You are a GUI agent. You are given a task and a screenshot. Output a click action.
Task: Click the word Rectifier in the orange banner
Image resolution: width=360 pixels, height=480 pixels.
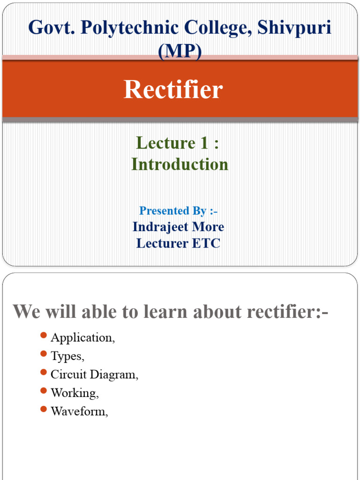[173, 90]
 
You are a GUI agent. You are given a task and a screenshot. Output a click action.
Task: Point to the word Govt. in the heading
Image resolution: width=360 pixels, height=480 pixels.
[51, 28]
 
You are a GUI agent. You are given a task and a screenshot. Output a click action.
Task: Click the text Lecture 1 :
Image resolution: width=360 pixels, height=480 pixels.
[177, 143]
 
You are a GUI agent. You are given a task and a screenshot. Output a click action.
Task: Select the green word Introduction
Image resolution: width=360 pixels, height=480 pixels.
[180, 164]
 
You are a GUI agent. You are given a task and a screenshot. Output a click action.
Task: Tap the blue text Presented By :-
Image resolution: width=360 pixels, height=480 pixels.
[179, 210]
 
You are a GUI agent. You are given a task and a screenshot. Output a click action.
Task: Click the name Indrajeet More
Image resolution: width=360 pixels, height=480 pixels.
[179, 226]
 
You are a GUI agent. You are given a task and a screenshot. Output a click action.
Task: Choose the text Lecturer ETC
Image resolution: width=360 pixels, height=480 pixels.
[178, 243]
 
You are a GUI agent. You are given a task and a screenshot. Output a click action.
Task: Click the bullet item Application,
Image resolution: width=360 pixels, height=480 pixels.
[83, 338]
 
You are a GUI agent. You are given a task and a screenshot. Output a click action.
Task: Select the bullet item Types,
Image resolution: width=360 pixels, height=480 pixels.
[67, 356]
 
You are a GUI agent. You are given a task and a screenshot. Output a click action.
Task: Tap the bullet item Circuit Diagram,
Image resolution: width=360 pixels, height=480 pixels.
[95, 375]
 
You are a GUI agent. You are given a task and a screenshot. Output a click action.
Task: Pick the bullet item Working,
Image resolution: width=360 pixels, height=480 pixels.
[75, 393]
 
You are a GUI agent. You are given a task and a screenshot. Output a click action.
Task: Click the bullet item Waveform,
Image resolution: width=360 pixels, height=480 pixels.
[80, 411]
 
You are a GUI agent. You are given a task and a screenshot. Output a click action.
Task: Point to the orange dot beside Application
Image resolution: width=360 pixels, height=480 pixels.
[44, 336]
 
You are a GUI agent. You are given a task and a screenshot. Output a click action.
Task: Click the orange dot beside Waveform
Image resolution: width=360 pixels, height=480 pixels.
[44, 409]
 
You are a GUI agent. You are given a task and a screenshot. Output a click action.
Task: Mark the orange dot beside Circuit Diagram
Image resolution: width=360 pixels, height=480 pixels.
[44, 373]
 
